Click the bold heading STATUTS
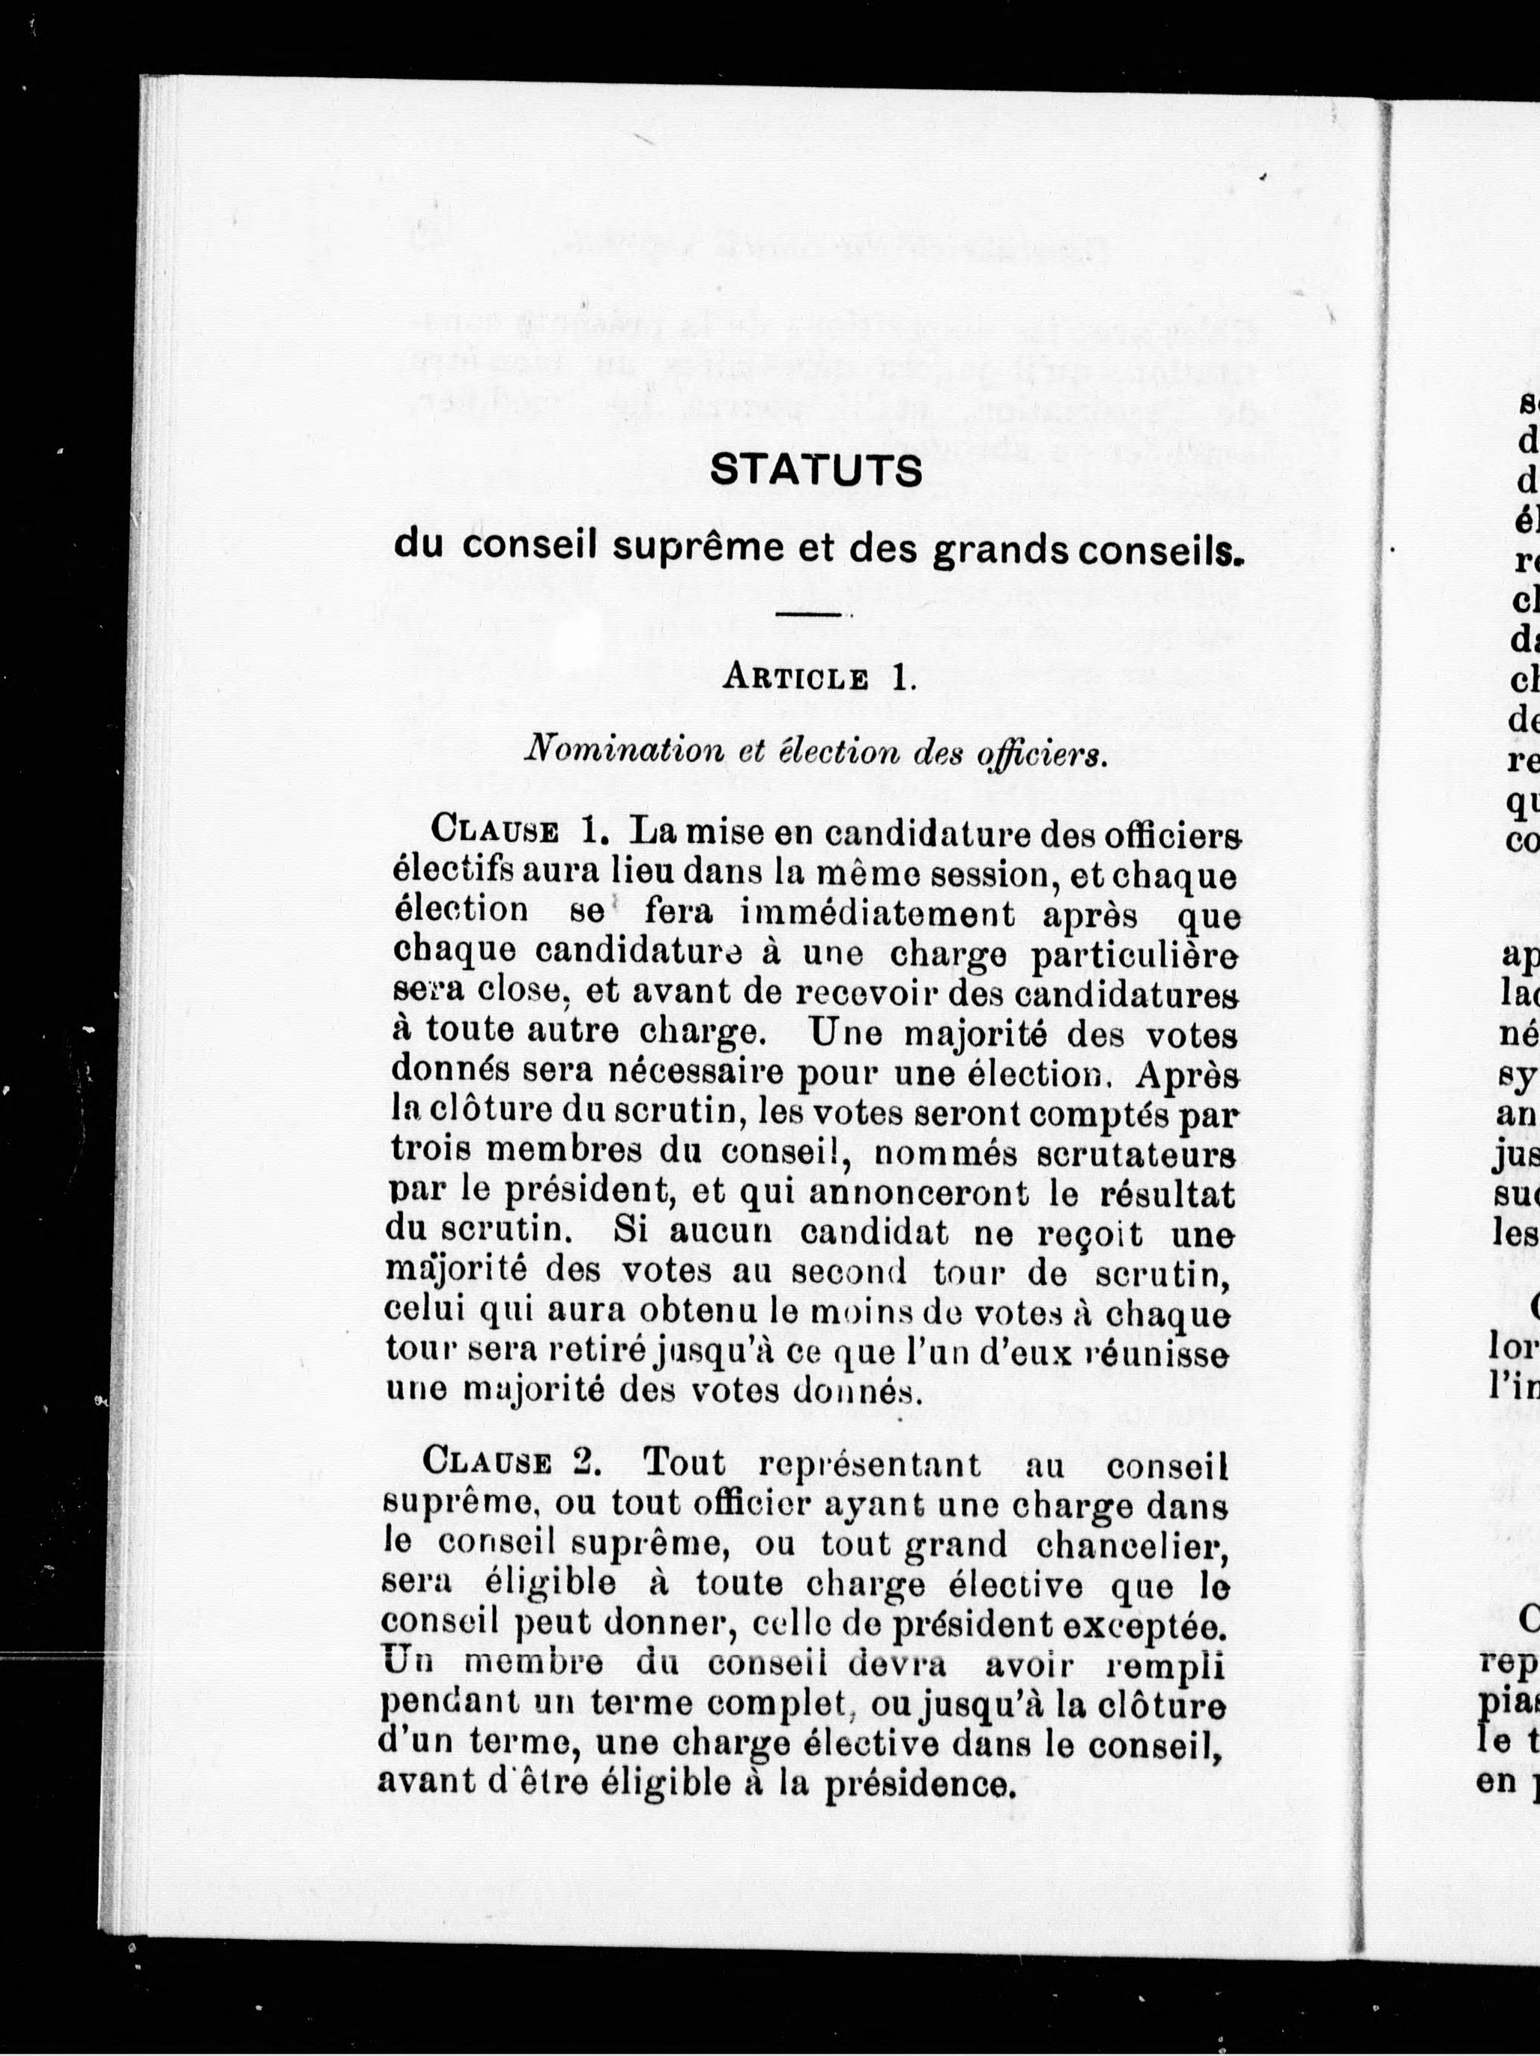click(x=815, y=471)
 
